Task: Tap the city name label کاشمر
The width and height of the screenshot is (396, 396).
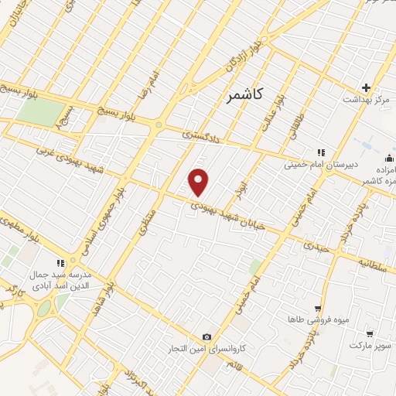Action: (x=245, y=96)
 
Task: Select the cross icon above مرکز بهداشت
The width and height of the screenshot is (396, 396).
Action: (x=366, y=87)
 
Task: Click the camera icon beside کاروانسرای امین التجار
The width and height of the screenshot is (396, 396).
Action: (x=207, y=336)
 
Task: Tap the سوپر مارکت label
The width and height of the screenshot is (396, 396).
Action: (x=371, y=344)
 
